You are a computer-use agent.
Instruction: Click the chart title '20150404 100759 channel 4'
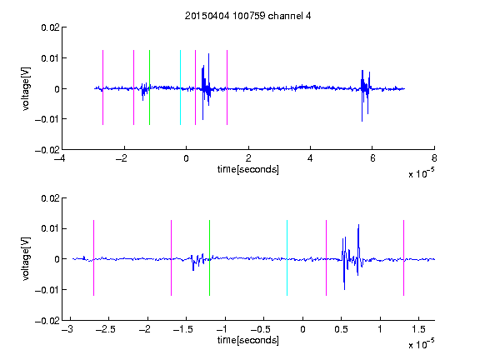click(247, 16)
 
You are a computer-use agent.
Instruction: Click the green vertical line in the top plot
click(149, 87)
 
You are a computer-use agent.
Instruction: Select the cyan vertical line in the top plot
click(180, 87)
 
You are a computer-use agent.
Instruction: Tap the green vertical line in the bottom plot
click(209, 257)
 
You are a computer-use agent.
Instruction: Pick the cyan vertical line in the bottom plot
click(287, 257)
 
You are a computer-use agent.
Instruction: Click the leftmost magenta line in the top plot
click(102, 87)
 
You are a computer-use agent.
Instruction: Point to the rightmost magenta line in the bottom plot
click(403, 257)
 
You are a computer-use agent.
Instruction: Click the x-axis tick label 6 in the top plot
click(372, 158)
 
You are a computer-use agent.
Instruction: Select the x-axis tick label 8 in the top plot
click(434, 158)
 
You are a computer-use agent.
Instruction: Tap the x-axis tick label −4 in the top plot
click(59, 158)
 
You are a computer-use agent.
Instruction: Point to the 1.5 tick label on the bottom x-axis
click(418, 329)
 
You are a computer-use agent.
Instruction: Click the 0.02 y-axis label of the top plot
click(50, 27)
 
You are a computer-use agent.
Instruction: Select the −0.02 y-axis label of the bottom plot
click(47, 321)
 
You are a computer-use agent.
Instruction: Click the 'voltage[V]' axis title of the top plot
click(26, 89)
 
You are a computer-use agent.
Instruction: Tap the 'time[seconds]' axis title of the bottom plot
click(248, 340)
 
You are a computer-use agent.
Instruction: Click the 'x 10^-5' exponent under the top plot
click(421, 172)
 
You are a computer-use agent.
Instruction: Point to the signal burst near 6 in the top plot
click(366, 96)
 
